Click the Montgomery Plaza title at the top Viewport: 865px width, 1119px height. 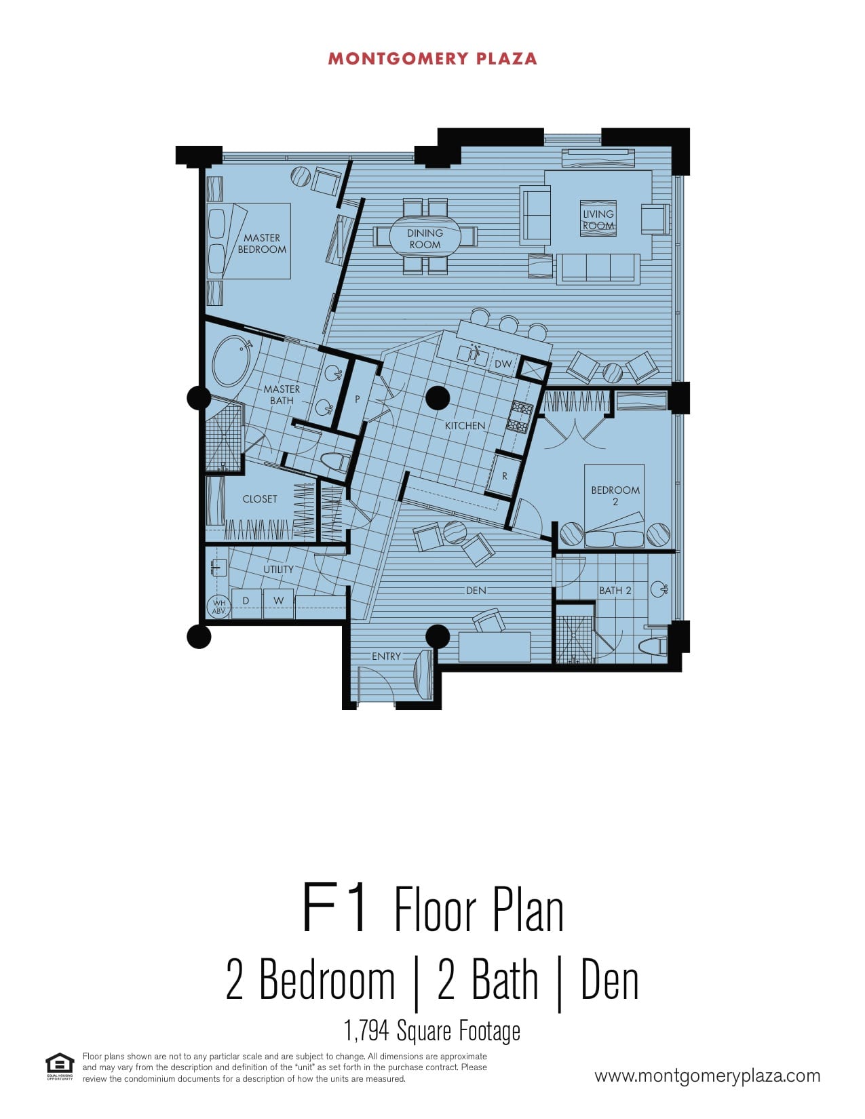tap(432, 59)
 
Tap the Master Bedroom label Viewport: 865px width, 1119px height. tap(262, 243)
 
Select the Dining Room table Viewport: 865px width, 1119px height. tap(425, 239)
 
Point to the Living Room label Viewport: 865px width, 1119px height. tap(598, 219)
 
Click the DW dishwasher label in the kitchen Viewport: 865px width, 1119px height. tap(503, 364)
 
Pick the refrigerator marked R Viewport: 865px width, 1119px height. tap(504, 475)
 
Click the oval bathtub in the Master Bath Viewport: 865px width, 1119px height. tap(232, 361)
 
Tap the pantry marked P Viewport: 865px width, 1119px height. tap(357, 398)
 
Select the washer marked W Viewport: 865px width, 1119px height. tap(279, 600)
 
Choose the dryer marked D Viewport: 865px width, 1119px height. tap(246, 600)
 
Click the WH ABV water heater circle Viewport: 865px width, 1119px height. tap(219, 607)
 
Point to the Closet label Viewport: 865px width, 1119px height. tap(260, 499)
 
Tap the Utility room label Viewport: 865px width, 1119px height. tap(278, 569)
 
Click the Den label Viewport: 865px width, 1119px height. tap(476, 590)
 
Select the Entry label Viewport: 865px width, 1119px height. tap(387, 656)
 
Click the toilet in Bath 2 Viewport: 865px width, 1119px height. tap(653, 646)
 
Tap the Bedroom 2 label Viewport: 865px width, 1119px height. tap(615, 495)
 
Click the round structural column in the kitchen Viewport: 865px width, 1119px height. tap(438, 398)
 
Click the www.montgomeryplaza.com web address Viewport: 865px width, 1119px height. tap(708, 1076)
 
